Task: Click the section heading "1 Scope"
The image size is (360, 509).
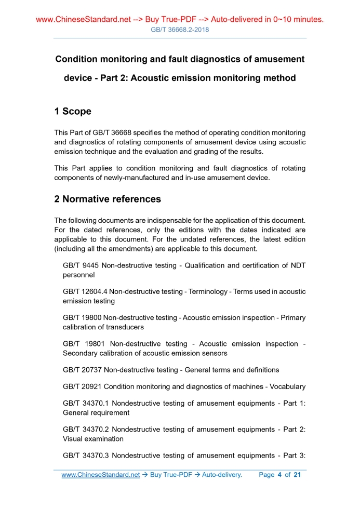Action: (x=73, y=112)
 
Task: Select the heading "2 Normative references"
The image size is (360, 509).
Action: (x=108, y=199)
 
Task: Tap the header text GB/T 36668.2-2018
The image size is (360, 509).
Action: (x=180, y=30)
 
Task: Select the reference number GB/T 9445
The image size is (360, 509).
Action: (x=81, y=265)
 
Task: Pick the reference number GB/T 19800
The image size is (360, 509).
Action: (x=82, y=317)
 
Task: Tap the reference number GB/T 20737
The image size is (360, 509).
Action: (x=82, y=370)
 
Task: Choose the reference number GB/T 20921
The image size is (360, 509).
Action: (x=82, y=386)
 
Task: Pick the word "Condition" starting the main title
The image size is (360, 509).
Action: (x=78, y=59)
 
